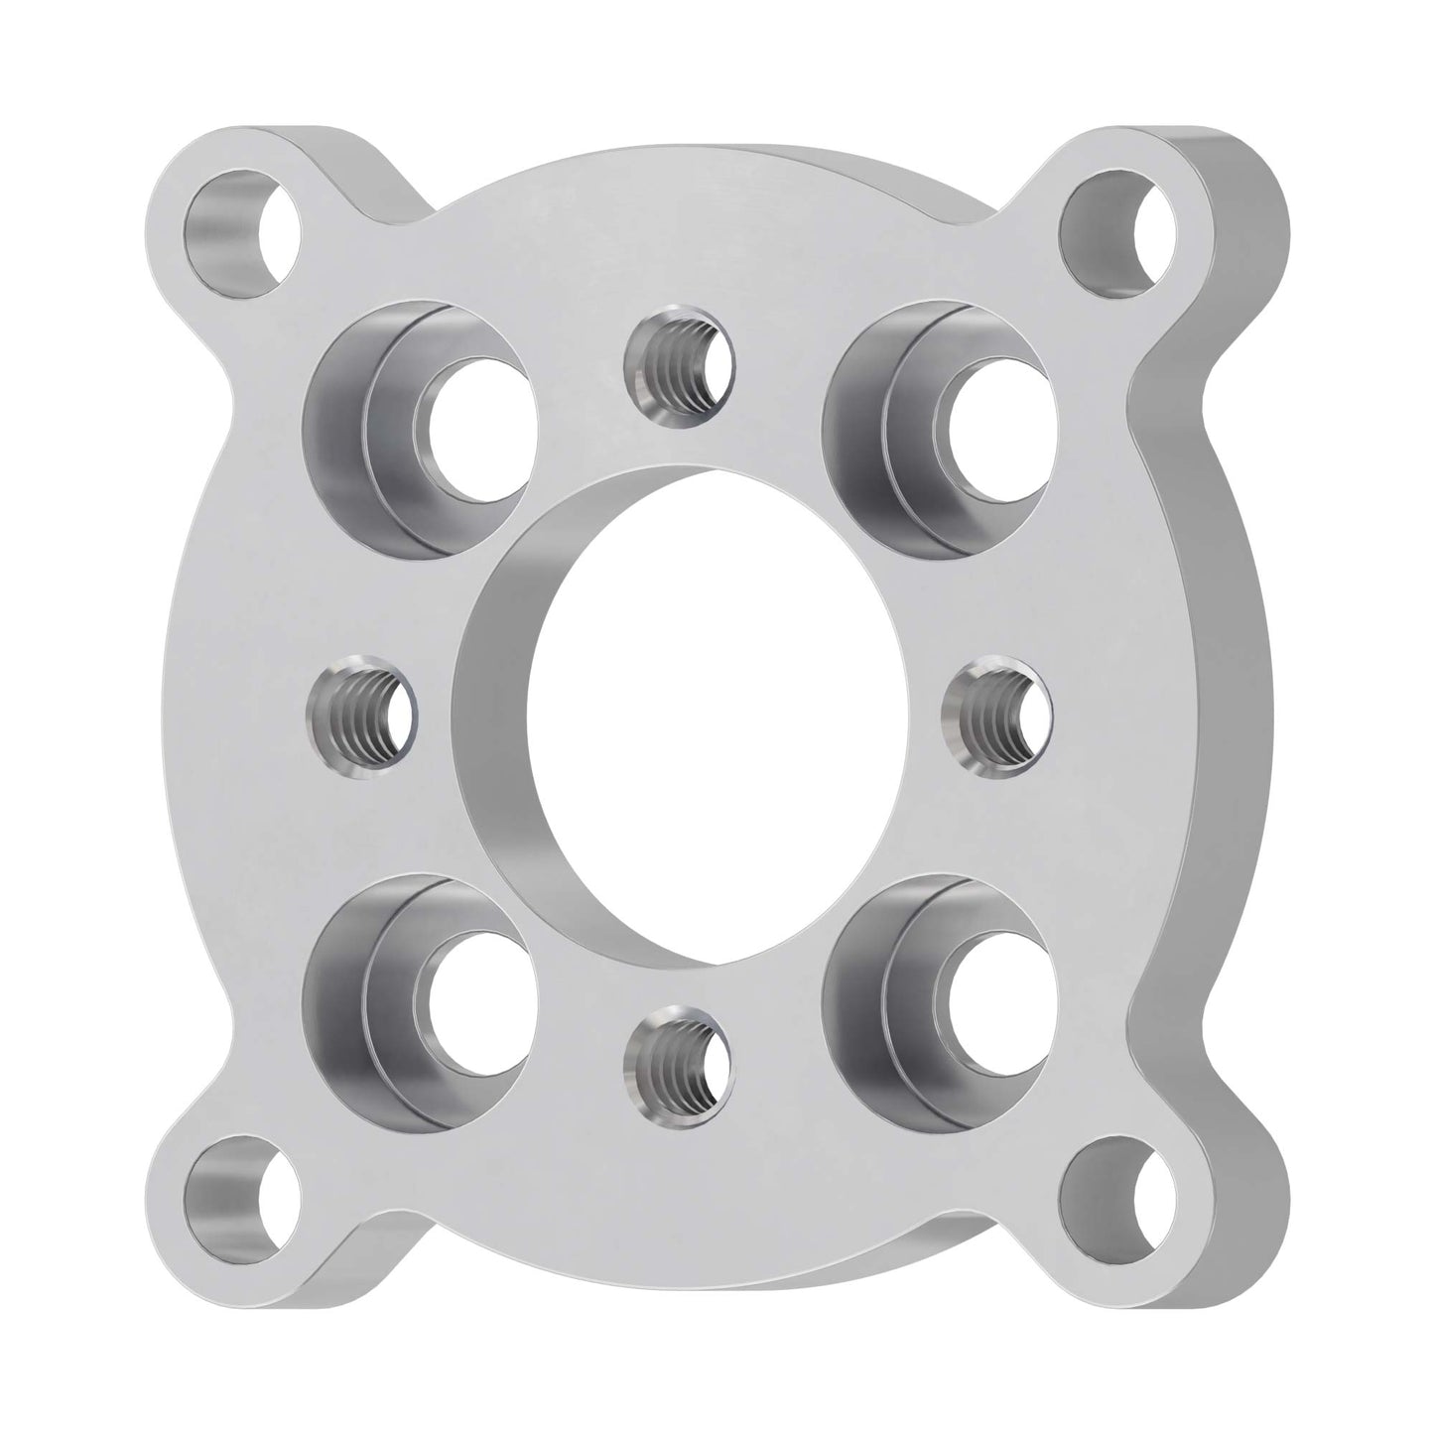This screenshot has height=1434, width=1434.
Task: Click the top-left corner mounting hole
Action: coord(243,230)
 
